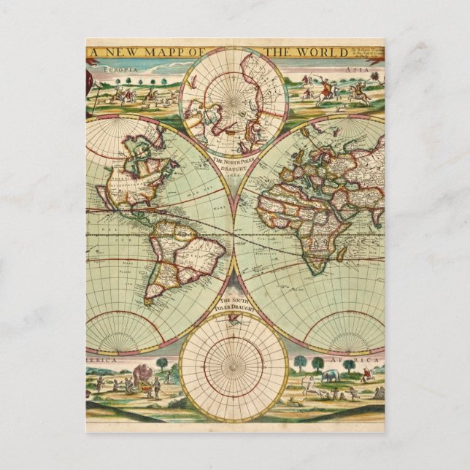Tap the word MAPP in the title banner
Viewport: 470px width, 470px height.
click(x=157, y=53)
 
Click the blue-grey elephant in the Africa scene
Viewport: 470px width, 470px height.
click(x=329, y=376)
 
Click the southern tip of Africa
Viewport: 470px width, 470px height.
click(x=316, y=272)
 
